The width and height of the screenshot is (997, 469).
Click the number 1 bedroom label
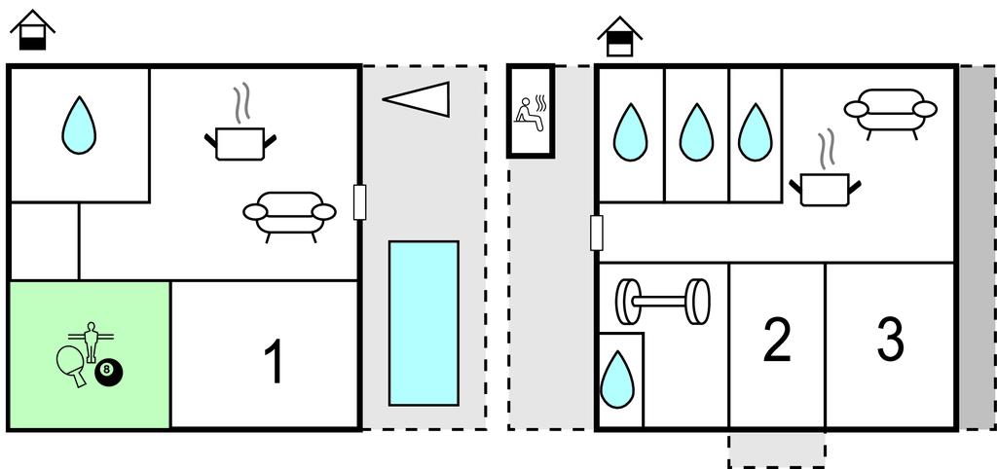(275, 361)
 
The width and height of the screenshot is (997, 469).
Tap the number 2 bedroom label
(777, 340)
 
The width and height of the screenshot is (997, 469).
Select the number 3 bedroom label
(890, 340)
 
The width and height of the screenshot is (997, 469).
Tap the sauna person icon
(530, 111)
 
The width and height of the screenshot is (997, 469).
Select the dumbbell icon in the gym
(662, 302)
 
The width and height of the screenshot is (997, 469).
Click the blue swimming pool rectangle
(424, 322)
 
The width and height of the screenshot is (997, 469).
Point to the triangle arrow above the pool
(418, 98)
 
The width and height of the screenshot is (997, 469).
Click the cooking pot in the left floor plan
(239, 139)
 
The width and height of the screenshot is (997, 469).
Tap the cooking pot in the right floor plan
(826, 184)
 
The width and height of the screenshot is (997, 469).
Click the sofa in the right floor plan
(890, 111)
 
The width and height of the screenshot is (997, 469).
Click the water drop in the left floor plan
(79, 127)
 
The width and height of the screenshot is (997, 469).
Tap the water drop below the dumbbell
(617, 379)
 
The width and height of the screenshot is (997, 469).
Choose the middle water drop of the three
(696, 132)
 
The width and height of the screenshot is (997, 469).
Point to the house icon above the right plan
(620, 36)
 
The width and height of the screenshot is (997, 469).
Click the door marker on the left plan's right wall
(359, 201)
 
